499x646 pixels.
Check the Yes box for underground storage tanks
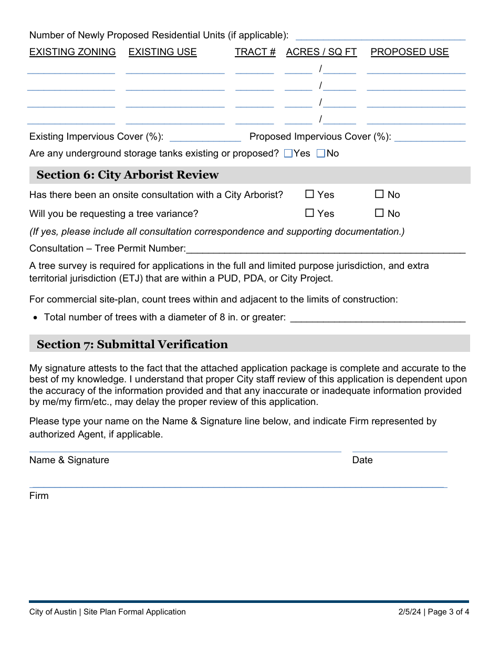coord(288,153)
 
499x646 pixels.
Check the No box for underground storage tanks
coord(320,153)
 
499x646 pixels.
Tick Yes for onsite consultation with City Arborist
coord(310,194)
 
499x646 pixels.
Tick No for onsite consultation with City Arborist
coord(379,194)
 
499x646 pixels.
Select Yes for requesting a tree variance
coord(310,213)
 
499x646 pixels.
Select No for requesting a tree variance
coord(379,213)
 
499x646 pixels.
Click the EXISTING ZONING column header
coord(72,52)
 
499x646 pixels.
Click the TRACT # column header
coord(255,52)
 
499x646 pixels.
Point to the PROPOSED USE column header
coord(410,52)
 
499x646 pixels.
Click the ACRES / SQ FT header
coord(321,52)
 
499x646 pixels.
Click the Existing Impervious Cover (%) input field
coord(205,137)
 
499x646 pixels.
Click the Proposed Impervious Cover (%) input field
coord(430,137)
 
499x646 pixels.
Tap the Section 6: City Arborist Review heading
coord(128,175)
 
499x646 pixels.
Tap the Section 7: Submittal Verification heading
coord(132,345)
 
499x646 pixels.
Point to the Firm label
coord(39,496)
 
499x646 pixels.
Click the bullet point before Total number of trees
coord(35,318)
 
